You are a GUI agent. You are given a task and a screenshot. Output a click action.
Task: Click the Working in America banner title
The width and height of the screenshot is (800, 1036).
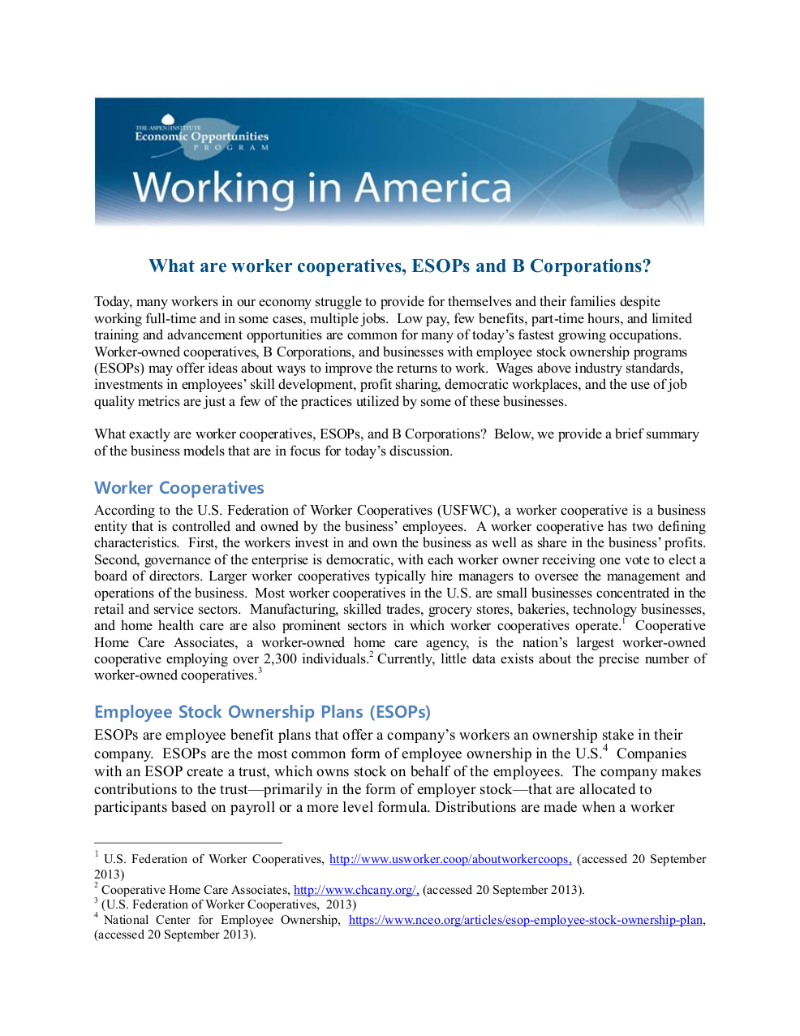pos(322,188)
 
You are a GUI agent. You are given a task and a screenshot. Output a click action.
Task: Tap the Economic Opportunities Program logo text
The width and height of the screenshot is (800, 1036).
pos(201,136)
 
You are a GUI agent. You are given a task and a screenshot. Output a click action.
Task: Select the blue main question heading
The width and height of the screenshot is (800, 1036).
pos(400,266)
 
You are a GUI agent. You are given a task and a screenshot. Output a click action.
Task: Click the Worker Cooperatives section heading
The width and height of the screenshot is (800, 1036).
pos(179,488)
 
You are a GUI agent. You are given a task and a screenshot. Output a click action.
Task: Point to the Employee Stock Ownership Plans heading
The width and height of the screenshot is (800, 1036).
pos(262,712)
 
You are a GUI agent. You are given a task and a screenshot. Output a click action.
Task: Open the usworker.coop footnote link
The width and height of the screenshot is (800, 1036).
pos(450,859)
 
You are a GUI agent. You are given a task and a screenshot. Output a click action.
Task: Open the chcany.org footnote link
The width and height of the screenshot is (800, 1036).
pos(356,890)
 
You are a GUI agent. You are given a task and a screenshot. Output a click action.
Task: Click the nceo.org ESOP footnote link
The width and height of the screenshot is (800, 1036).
pos(526,920)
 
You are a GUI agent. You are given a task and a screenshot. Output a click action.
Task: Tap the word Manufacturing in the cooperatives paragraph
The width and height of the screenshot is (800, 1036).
pos(282,610)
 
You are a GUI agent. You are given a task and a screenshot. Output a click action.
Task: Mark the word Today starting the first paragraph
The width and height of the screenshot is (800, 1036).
pos(113,302)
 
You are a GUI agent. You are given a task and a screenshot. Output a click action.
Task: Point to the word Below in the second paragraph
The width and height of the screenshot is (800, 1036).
pos(512,434)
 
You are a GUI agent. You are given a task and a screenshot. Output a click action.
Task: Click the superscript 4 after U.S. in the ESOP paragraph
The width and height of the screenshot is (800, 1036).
pos(605,749)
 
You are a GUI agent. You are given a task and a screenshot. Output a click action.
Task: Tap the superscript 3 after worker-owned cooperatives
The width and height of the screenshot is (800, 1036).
pos(260,671)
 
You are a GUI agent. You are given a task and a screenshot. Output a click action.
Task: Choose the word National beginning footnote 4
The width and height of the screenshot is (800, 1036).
pos(126,920)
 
